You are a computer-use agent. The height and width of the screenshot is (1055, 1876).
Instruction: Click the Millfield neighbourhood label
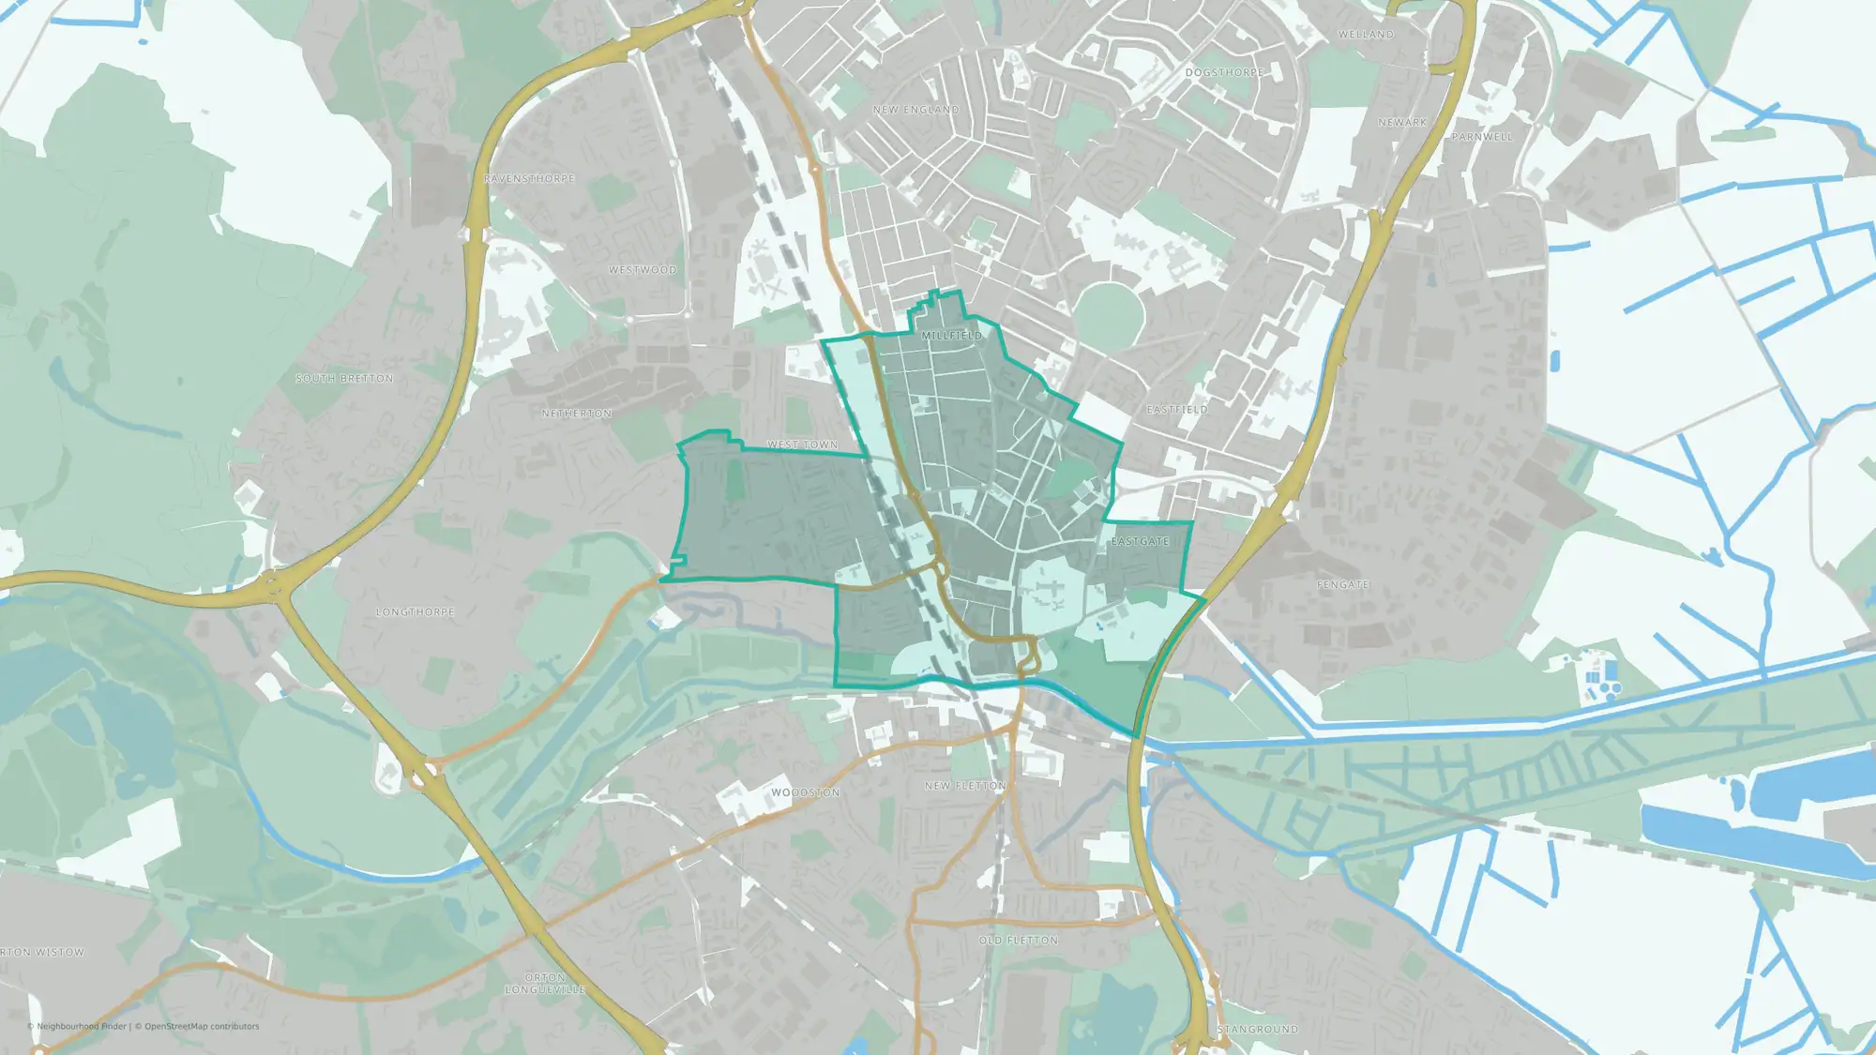pyautogui.click(x=951, y=336)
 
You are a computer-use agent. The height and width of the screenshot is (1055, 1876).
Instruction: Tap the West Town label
pyautogui.click(x=803, y=445)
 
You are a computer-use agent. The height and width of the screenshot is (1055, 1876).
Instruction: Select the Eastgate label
pyautogui.click(x=1140, y=542)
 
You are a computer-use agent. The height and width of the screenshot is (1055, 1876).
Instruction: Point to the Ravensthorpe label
pyautogui.click(x=529, y=179)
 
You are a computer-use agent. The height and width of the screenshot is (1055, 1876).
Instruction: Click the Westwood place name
pyautogui.click(x=643, y=270)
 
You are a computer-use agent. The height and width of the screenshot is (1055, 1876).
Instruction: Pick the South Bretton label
pyautogui.click(x=344, y=379)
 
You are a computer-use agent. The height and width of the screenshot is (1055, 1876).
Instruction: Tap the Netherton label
pyautogui.click(x=577, y=414)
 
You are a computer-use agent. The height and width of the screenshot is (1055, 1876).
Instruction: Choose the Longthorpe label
pyautogui.click(x=415, y=612)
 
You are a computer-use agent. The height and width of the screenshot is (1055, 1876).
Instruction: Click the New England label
pyautogui.click(x=915, y=111)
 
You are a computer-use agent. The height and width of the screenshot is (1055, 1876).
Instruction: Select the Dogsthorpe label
pyautogui.click(x=1224, y=73)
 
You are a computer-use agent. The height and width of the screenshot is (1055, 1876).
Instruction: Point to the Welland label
pyautogui.click(x=1366, y=35)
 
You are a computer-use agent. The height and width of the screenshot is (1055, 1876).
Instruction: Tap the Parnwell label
pyautogui.click(x=1482, y=137)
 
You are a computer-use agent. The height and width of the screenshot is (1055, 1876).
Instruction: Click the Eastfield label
pyautogui.click(x=1177, y=410)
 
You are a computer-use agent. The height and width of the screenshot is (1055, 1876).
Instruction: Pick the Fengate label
pyautogui.click(x=1343, y=585)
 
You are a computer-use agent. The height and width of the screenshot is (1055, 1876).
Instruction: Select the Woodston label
pyautogui.click(x=805, y=793)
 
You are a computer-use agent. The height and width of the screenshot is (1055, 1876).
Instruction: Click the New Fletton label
pyautogui.click(x=964, y=786)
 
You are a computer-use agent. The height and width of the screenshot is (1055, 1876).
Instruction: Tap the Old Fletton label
pyautogui.click(x=1018, y=941)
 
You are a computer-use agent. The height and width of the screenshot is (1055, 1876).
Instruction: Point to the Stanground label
pyautogui.click(x=1258, y=1030)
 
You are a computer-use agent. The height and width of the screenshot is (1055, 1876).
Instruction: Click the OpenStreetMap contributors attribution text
pyautogui.click(x=202, y=1027)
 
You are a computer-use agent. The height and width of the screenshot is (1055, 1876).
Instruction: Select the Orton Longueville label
pyautogui.click(x=545, y=984)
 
